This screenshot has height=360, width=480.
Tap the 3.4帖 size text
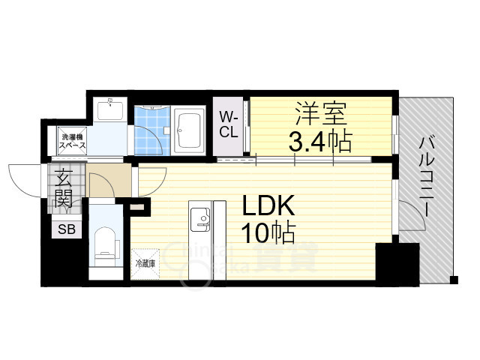320,140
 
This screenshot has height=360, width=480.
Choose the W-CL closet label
229,124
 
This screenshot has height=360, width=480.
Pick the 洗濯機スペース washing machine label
73,140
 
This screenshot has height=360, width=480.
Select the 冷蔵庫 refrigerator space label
145,263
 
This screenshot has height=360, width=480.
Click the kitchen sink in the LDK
200,218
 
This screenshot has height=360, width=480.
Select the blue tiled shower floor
152,127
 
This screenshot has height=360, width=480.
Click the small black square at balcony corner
453,280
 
